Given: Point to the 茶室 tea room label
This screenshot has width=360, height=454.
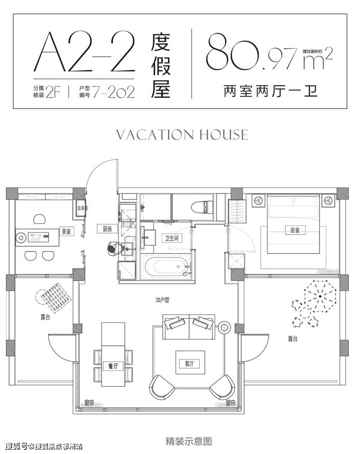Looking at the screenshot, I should coord(67,232).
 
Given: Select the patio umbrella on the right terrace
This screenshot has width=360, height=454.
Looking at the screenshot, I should coord(320,296).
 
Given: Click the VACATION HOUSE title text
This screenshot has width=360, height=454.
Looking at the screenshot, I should coord(182,135).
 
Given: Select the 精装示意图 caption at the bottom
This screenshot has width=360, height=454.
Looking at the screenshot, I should coord(183,440).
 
